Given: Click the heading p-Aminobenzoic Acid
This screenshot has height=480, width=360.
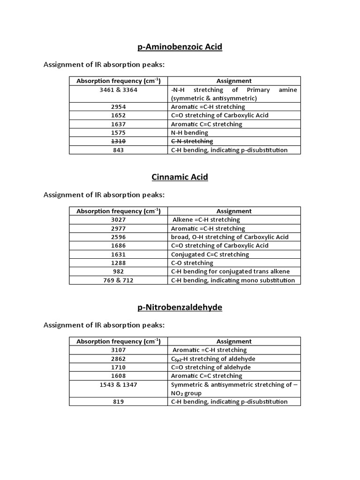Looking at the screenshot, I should (x=180, y=47).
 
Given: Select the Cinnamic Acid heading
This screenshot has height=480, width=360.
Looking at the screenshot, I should (x=180, y=177).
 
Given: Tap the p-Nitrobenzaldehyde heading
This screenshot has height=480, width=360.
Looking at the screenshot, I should (x=180, y=307).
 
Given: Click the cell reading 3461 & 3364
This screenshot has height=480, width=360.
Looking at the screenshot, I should (x=119, y=90).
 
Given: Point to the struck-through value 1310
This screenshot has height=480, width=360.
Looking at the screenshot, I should (x=119, y=141).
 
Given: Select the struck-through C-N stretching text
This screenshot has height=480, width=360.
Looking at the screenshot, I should (x=192, y=141).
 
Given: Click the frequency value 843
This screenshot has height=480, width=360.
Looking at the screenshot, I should (x=119, y=150).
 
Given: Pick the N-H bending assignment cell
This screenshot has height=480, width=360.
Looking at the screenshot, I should (x=189, y=133).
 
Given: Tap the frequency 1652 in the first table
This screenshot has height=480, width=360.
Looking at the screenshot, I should (x=119, y=115).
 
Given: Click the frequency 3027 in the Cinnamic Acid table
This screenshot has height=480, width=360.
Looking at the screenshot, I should (x=119, y=219).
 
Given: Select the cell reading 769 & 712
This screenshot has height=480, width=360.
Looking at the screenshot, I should (x=119, y=280).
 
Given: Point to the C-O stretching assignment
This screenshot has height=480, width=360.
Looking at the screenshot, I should (x=192, y=263).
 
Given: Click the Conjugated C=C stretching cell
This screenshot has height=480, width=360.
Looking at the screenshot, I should (x=210, y=255).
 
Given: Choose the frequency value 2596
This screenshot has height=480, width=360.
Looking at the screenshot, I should (x=119, y=237).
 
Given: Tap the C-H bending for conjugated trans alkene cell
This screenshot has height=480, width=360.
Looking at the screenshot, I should (x=230, y=271).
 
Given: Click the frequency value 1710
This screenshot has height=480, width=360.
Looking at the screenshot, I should (x=119, y=367).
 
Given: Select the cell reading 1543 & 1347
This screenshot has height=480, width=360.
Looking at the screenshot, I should (x=119, y=385).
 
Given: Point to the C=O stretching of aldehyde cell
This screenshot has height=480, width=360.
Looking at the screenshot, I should (x=211, y=367).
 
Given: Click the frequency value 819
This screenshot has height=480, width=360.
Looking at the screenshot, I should (x=119, y=402).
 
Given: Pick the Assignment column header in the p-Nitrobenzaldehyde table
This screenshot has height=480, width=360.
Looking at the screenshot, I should (x=234, y=341).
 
